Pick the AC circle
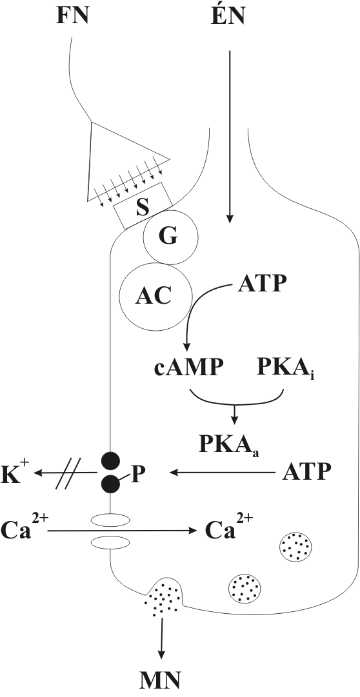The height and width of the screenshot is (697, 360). click(x=155, y=296)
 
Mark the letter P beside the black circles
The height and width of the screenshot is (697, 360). click(x=140, y=474)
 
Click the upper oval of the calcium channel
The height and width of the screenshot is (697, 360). click(x=110, y=519)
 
